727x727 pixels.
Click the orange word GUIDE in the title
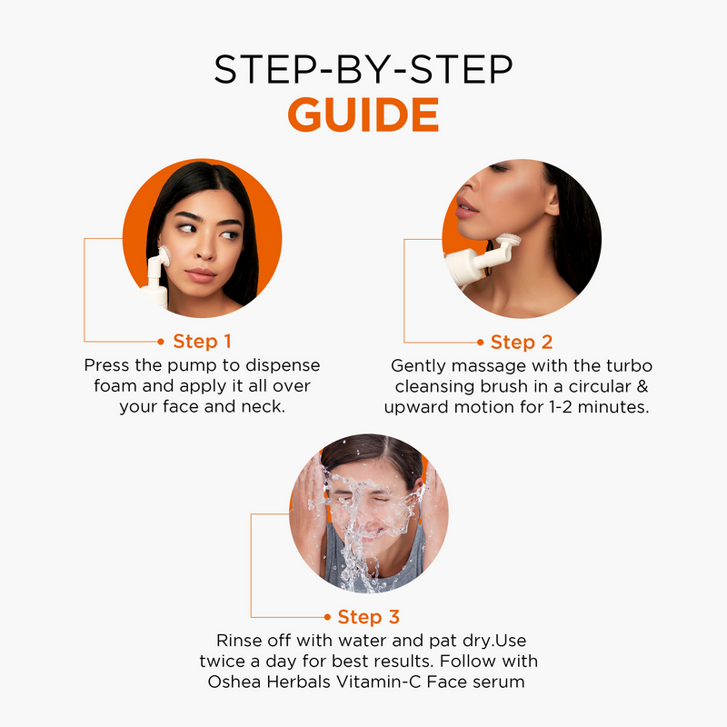tap(363, 115)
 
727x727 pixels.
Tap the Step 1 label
tap(202, 342)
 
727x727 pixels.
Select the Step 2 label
tap(522, 343)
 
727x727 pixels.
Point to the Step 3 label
tap(369, 617)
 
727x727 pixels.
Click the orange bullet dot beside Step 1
tap(161, 342)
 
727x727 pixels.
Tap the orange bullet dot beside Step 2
tap(481, 343)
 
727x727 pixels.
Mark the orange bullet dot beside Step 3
tap(327, 617)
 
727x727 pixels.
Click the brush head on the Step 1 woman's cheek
tap(165, 256)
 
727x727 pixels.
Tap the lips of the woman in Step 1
tap(201, 275)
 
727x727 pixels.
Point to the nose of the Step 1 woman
tap(205, 251)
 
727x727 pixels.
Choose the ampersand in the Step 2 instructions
tap(642, 386)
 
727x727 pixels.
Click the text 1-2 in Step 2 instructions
tap(561, 407)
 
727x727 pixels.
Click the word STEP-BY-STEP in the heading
tap(363, 69)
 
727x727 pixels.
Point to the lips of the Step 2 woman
tap(467, 207)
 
